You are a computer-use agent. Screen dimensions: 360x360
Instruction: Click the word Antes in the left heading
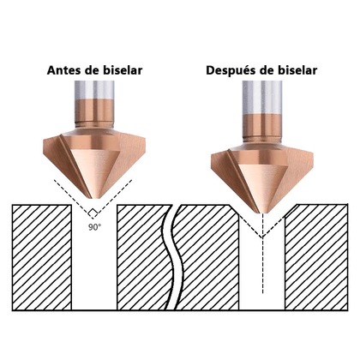(x=65, y=70)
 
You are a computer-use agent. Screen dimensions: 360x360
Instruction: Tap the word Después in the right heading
(x=231, y=71)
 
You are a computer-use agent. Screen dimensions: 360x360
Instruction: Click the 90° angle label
(x=94, y=227)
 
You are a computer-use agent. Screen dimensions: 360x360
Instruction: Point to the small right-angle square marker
(x=93, y=213)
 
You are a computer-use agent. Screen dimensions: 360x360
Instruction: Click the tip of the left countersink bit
(x=96, y=198)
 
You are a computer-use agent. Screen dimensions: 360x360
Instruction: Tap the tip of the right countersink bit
(x=263, y=213)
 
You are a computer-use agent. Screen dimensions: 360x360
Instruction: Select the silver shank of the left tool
(x=94, y=90)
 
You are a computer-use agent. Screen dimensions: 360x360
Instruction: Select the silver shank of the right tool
(x=262, y=97)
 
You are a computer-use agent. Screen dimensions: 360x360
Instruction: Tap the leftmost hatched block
(x=42, y=257)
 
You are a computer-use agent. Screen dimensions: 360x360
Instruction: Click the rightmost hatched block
(x=316, y=257)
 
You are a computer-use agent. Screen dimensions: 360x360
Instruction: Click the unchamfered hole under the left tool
(x=94, y=263)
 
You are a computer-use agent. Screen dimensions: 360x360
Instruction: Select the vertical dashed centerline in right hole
(x=262, y=254)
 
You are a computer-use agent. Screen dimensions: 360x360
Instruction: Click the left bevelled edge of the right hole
(x=234, y=211)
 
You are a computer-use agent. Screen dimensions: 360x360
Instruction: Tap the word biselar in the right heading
(x=297, y=70)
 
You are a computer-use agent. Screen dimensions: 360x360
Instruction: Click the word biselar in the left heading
(x=122, y=70)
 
